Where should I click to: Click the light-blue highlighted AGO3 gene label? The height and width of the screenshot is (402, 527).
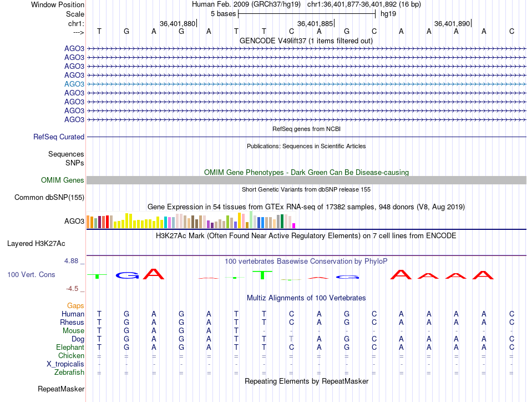point(74,84)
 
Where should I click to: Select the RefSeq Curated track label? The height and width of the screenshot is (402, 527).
point(59,137)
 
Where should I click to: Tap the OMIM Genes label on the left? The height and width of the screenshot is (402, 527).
point(63,180)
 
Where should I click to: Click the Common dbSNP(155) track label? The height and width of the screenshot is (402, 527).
point(49,197)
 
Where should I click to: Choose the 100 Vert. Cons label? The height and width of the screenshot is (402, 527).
point(31,274)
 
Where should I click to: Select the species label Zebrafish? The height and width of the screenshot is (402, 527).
point(70,373)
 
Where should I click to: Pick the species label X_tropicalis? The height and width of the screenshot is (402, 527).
point(65,364)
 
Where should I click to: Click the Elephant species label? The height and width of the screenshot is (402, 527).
point(70,347)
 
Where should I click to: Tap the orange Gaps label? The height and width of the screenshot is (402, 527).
point(75,305)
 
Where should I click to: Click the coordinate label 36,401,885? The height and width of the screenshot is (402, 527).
point(315,24)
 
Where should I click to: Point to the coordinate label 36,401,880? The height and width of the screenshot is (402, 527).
point(178,24)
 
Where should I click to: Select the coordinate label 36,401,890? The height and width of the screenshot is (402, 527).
point(452,24)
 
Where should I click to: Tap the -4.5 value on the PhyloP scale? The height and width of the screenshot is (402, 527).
point(73,288)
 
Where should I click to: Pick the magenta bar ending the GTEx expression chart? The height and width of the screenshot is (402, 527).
point(294,225)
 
